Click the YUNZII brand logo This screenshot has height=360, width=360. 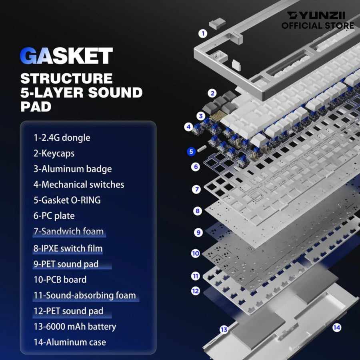[316, 15]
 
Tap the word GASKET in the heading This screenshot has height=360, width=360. [66, 56]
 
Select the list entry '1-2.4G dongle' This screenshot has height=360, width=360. [62, 138]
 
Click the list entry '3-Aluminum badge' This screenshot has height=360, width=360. [72, 169]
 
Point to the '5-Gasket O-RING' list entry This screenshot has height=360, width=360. [67, 200]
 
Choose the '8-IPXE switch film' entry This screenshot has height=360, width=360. [68, 248]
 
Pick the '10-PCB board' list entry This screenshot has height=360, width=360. [60, 280]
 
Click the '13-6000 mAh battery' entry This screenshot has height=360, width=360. [75, 326]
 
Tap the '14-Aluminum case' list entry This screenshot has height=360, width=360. [70, 342]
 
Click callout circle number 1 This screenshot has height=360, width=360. [203, 34]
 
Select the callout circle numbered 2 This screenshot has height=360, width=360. [212, 93]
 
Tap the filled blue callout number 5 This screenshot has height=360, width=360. [191, 152]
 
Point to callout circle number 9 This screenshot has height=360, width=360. [198, 232]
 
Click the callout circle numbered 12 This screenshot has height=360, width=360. [195, 291]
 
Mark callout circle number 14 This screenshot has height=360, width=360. [336, 327]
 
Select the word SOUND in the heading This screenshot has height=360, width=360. [115, 92]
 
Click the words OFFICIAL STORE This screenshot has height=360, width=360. [318, 26]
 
